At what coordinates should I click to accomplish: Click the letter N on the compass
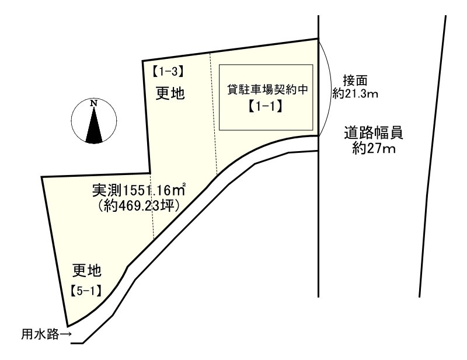[93, 104]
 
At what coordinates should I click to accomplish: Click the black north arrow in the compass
[93, 125]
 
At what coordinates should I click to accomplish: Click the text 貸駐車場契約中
[267, 90]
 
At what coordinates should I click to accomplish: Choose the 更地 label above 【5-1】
[87, 270]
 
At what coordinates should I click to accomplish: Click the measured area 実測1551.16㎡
[139, 190]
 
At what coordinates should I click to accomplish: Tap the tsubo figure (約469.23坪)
[138, 205]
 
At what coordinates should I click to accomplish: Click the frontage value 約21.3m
[355, 93]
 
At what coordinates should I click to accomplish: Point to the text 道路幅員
[374, 134]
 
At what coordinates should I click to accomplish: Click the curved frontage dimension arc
[329, 88]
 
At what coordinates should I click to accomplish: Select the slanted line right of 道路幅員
[433, 158]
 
